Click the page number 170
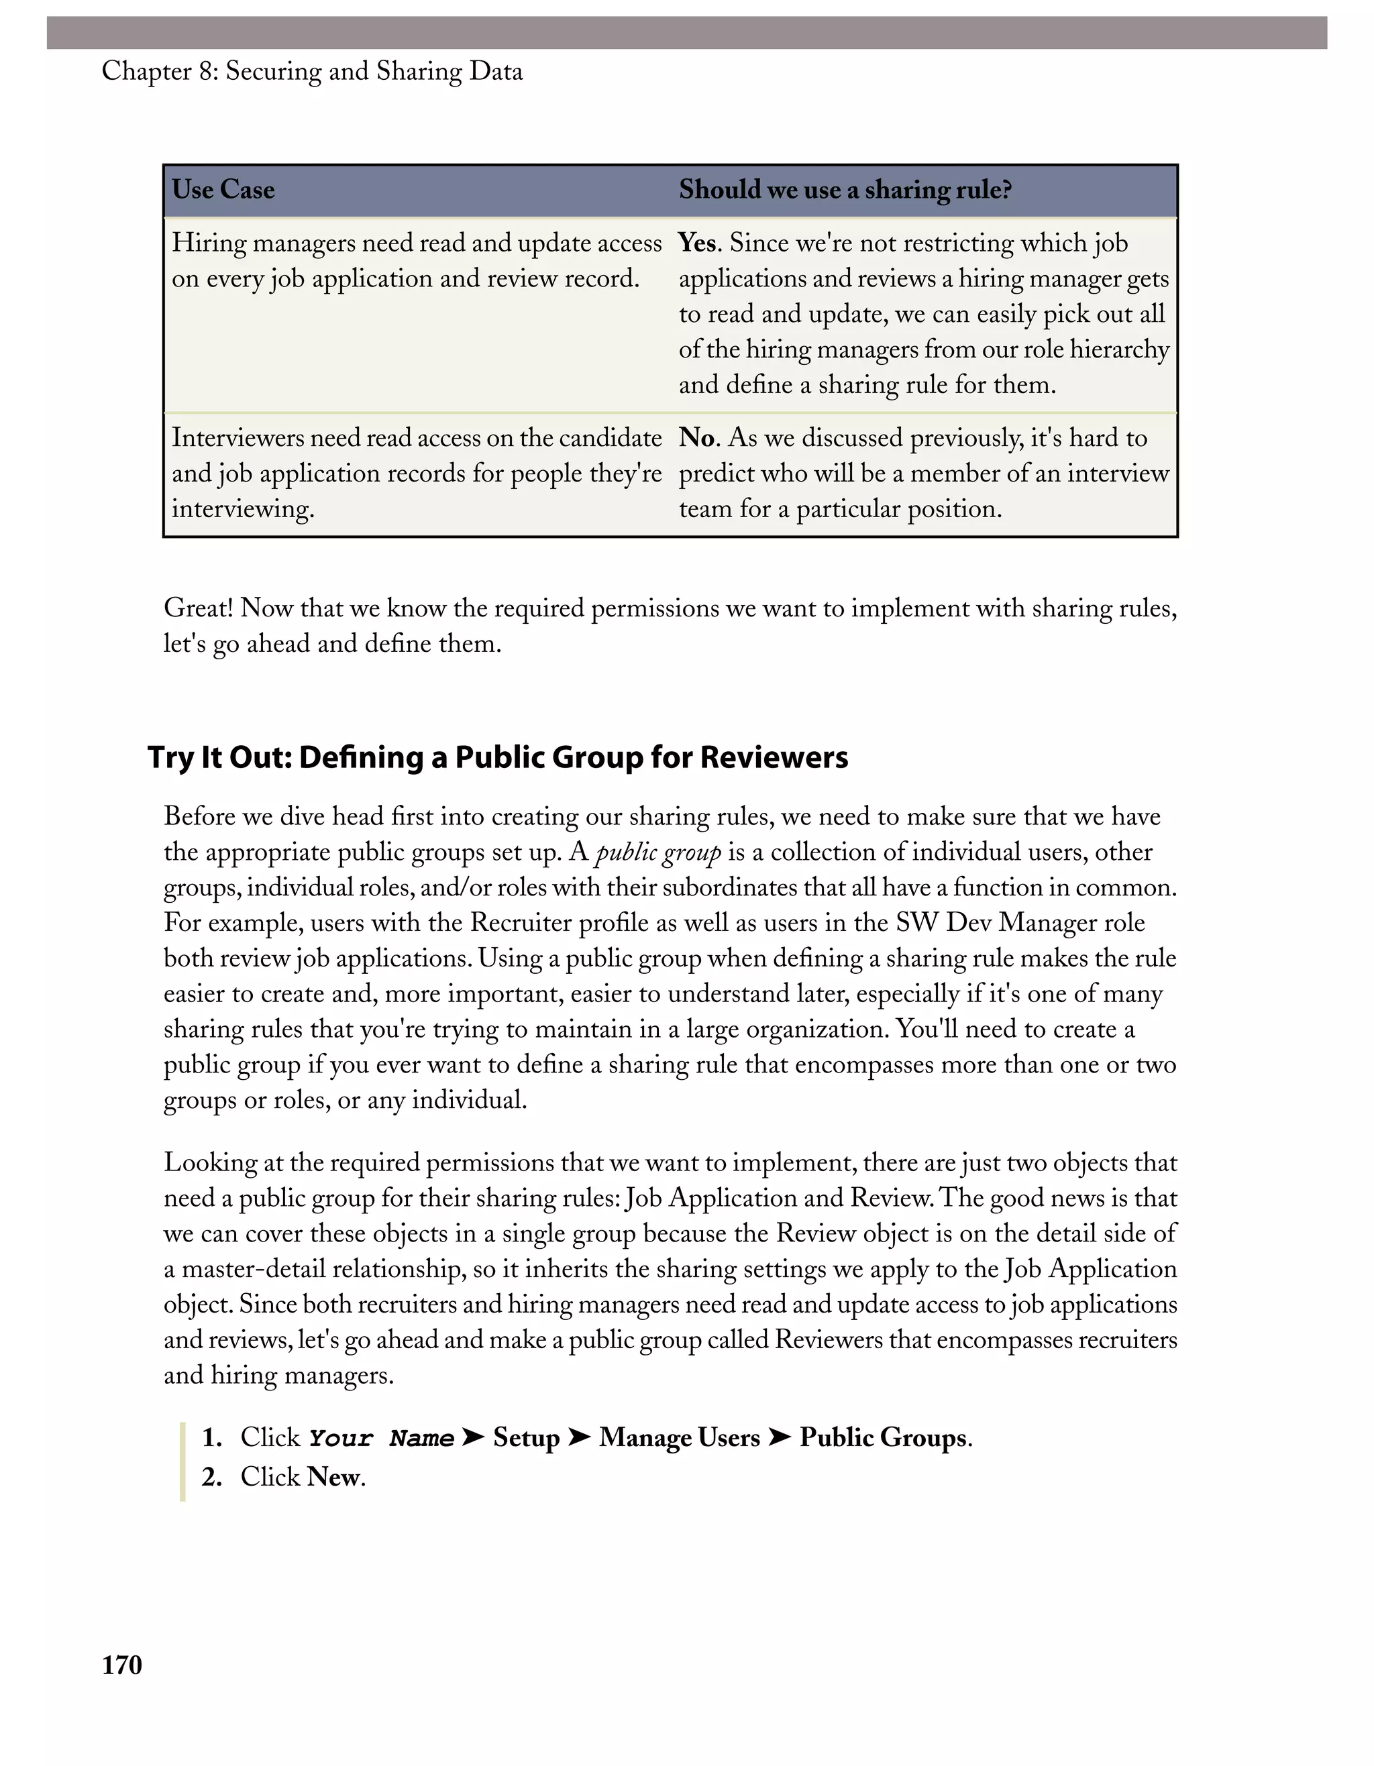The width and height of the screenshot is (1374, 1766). click(122, 1665)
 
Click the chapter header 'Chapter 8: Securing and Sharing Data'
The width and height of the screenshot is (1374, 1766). click(312, 72)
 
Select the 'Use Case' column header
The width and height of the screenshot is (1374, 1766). click(223, 190)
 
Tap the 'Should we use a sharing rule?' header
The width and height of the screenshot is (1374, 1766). click(845, 190)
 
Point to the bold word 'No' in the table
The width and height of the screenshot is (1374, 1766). click(698, 438)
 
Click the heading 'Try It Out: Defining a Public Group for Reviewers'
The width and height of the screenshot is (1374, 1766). click(497, 758)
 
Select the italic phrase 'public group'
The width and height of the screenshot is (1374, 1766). click(657, 853)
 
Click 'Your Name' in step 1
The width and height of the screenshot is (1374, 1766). click(381, 1439)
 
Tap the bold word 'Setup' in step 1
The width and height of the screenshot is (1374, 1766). click(527, 1438)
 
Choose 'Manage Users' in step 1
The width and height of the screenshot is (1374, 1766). click(680, 1438)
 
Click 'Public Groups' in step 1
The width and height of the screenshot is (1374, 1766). click(883, 1438)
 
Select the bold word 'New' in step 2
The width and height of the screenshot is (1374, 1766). click(333, 1478)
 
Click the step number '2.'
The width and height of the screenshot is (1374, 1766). click(212, 1478)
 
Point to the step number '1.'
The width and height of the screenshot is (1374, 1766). click(212, 1438)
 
